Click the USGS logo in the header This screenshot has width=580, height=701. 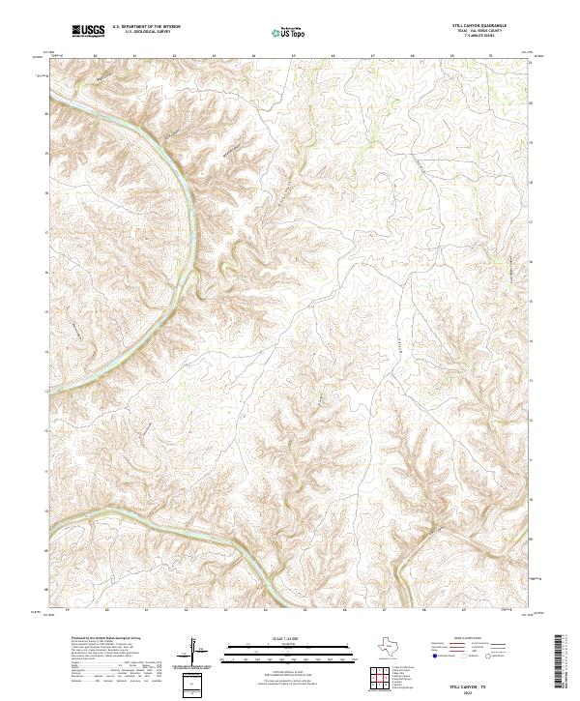point(88,32)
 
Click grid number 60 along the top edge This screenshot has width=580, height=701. point(96,56)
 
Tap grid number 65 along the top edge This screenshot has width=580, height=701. point(293,56)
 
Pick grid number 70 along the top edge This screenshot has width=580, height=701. point(491,56)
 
